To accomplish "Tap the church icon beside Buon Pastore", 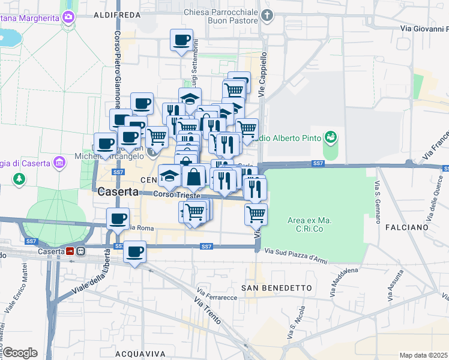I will [x=268, y=14].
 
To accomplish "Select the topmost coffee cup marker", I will [x=181, y=41].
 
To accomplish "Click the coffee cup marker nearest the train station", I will [x=135, y=251].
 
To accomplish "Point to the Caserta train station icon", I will [x=71, y=251].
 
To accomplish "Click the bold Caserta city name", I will [x=117, y=192].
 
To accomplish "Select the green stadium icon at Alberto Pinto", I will [x=330, y=139].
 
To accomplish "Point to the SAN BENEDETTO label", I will [x=277, y=288].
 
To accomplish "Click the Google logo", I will [x=19, y=352].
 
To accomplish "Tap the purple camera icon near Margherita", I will [x=68, y=17].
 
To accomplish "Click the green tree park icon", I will [x=19, y=179].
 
